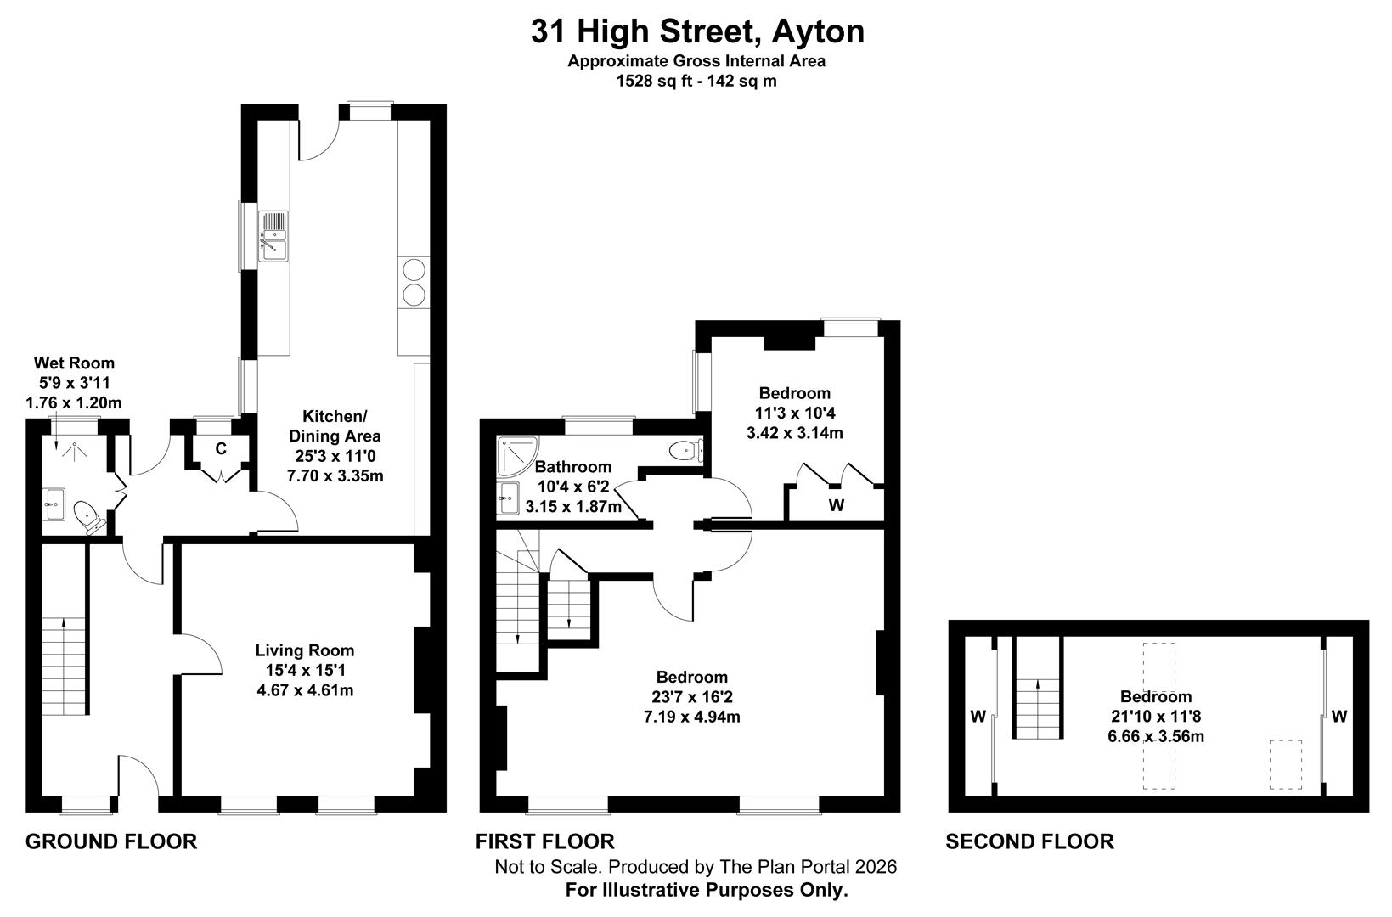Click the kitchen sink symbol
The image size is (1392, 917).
pyautogui.click(x=273, y=235)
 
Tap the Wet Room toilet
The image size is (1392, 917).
pyautogui.click(x=87, y=515)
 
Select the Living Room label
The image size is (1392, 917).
pyautogui.click(x=305, y=650)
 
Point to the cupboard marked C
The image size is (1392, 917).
pyautogui.click(x=221, y=448)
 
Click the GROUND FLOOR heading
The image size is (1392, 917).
pyautogui.click(x=111, y=841)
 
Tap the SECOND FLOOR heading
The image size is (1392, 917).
pyautogui.click(x=1029, y=841)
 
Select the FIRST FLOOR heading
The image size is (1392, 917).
pyautogui.click(x=544, y=841)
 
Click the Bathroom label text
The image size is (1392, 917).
pyautogui.click(x=573, y=467)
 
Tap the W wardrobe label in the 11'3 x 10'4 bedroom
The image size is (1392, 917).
pyautogui.click(x=837, y=505)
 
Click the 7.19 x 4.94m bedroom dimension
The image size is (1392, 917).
pyautogui.click(x=692, y=717)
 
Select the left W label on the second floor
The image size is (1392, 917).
pyautogui.click(x=978, y=717)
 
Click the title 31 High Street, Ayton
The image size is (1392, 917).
pyautogui.click(x=697, y=31)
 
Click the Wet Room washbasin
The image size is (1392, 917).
pyautogui.click(x=54, y=503)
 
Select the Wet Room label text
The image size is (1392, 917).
pyautogui.click(x=74, y=363)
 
